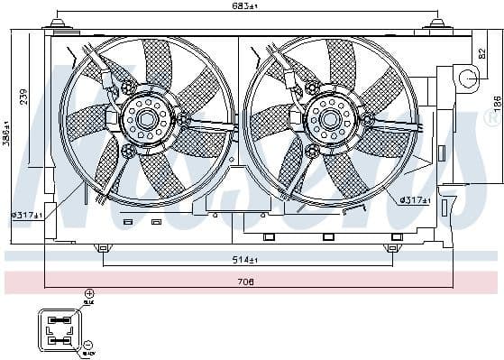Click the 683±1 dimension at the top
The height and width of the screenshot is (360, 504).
coord(246,8)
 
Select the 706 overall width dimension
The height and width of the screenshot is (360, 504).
coord(246,282)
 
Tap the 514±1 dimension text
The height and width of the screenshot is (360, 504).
coord(246,261)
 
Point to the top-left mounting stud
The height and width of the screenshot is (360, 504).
coord(57,23)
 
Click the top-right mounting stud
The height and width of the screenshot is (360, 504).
coord(437,23)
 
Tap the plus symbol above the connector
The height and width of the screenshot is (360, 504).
coord(89,294)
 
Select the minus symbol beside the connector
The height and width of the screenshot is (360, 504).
coord(89,346)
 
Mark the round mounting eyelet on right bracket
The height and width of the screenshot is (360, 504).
coord(468,79)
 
